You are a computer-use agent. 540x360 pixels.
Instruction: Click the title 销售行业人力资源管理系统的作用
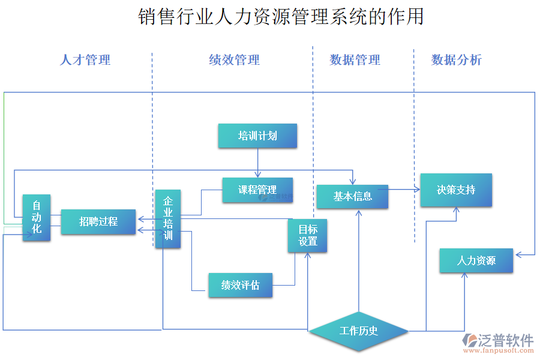pyautogui.click(x=281, y=16)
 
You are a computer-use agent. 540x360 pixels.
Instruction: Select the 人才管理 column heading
pyautogui.click(x=85, y=59)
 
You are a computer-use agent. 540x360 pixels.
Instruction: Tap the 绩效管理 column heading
pyautogui.click(x=234, y=59)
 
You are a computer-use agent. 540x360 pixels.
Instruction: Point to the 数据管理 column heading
pyautogui.click(x=355, y=59)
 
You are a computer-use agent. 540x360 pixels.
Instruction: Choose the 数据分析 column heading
pyautogui.click(x=456, y=59)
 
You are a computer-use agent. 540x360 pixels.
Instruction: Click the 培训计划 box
pyautogui.click(x=257, y=136)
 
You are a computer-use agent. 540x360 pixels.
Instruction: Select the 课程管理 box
pyautogui.click(x=257, y=190)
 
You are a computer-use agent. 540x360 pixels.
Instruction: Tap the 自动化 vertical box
pyautogui.click(x=37, y=218)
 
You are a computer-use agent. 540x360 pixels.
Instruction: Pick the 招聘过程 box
pyautogui.click(x=98, y=221)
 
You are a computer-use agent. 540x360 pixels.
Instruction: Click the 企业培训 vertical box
pyautogui.click(x=168, y=219)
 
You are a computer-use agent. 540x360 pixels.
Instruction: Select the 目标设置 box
pyautogui.click(x=308, y=235)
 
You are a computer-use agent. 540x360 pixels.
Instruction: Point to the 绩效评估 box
pyautogui.click(x=240, y=285)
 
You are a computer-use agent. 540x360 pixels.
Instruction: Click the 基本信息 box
pyautogui.click(x=352, y=196)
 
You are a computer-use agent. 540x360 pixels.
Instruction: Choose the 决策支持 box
pyautogui.click(x=456, y=190)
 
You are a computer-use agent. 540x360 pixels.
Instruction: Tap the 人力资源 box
pyautogui.click(x=476, y=260)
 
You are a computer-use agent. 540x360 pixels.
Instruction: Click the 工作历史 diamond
pyautogui.click(x=358, y=331)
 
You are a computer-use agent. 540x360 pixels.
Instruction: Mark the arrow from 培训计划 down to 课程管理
pyautogui.click(x=257, y=163)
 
